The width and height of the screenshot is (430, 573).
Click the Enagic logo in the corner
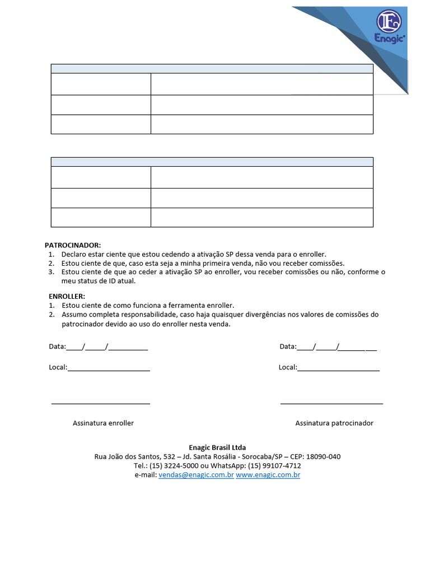(x=388, y=27)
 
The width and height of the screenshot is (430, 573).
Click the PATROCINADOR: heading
(x=73, y=245)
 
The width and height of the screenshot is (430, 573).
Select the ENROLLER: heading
(x=67, y=296)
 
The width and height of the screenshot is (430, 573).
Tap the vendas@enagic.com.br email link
(x=196, y=475)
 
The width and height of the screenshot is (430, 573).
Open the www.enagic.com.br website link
(x=268, y=475)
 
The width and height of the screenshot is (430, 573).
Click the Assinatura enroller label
(x=103, y=423)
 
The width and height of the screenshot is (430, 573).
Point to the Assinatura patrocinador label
(x=334, y=423)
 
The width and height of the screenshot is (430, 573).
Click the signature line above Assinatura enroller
(x=101, y=403)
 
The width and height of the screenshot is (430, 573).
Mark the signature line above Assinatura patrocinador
(x=331, y=403)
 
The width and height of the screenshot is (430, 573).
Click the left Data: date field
(x=106, y=347)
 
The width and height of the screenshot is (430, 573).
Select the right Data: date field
(x=336, y=347)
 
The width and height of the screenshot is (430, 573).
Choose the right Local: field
(x=338, y=368)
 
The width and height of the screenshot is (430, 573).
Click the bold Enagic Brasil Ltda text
(x=217, y=448)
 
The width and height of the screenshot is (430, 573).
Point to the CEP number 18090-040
(x=322, y=457)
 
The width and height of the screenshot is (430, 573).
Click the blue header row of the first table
(x=212, y=68)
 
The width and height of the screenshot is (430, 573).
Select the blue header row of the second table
(x=212, y=162)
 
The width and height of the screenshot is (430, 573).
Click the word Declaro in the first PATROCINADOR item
(x=74, y=254)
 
